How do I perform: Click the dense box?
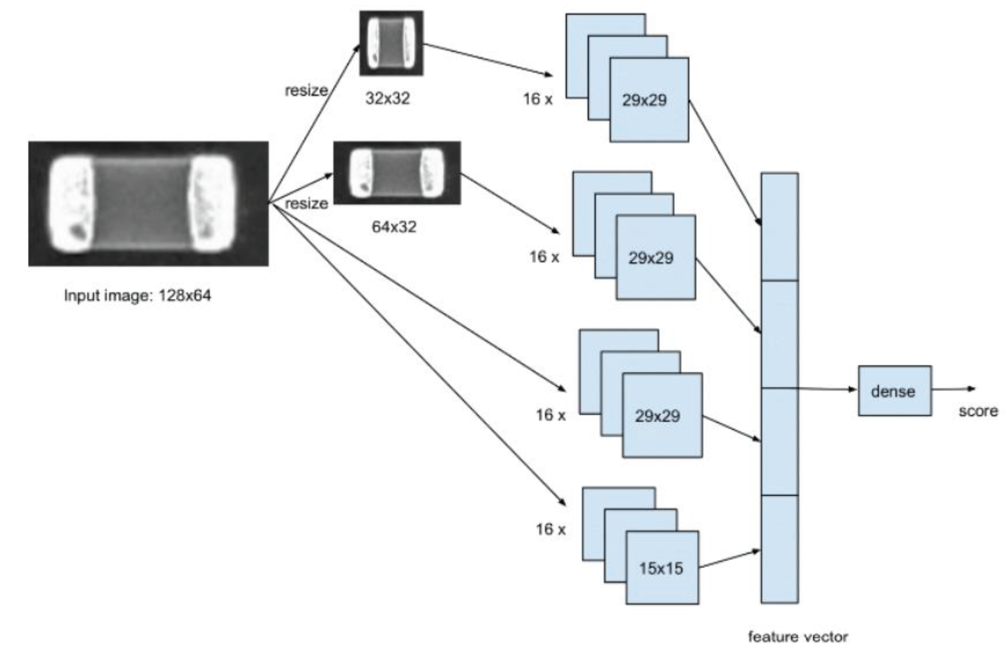[x=894, y=391]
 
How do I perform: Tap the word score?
[x=978, y=411]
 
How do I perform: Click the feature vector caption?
[x=798, y=636]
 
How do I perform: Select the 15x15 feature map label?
[x=661, y=568]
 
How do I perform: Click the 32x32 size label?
[x=387, y=98]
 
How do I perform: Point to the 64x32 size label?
[x=394, y=227]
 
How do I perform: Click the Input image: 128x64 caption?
[x=138, y=295]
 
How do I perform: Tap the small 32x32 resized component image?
[x=391, y=43]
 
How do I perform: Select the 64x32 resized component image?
[x=397, y=173]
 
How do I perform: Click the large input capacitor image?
[x=148, y=204]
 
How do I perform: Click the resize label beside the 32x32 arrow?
[x=306, y=90]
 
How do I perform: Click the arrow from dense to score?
[x=953, y=389]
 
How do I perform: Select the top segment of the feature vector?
[x=779, y=226]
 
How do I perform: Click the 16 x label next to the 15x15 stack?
[x=550, y=529]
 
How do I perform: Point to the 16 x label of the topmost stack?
[x=538, y=99]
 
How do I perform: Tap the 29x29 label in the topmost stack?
[x=644, y=100]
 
